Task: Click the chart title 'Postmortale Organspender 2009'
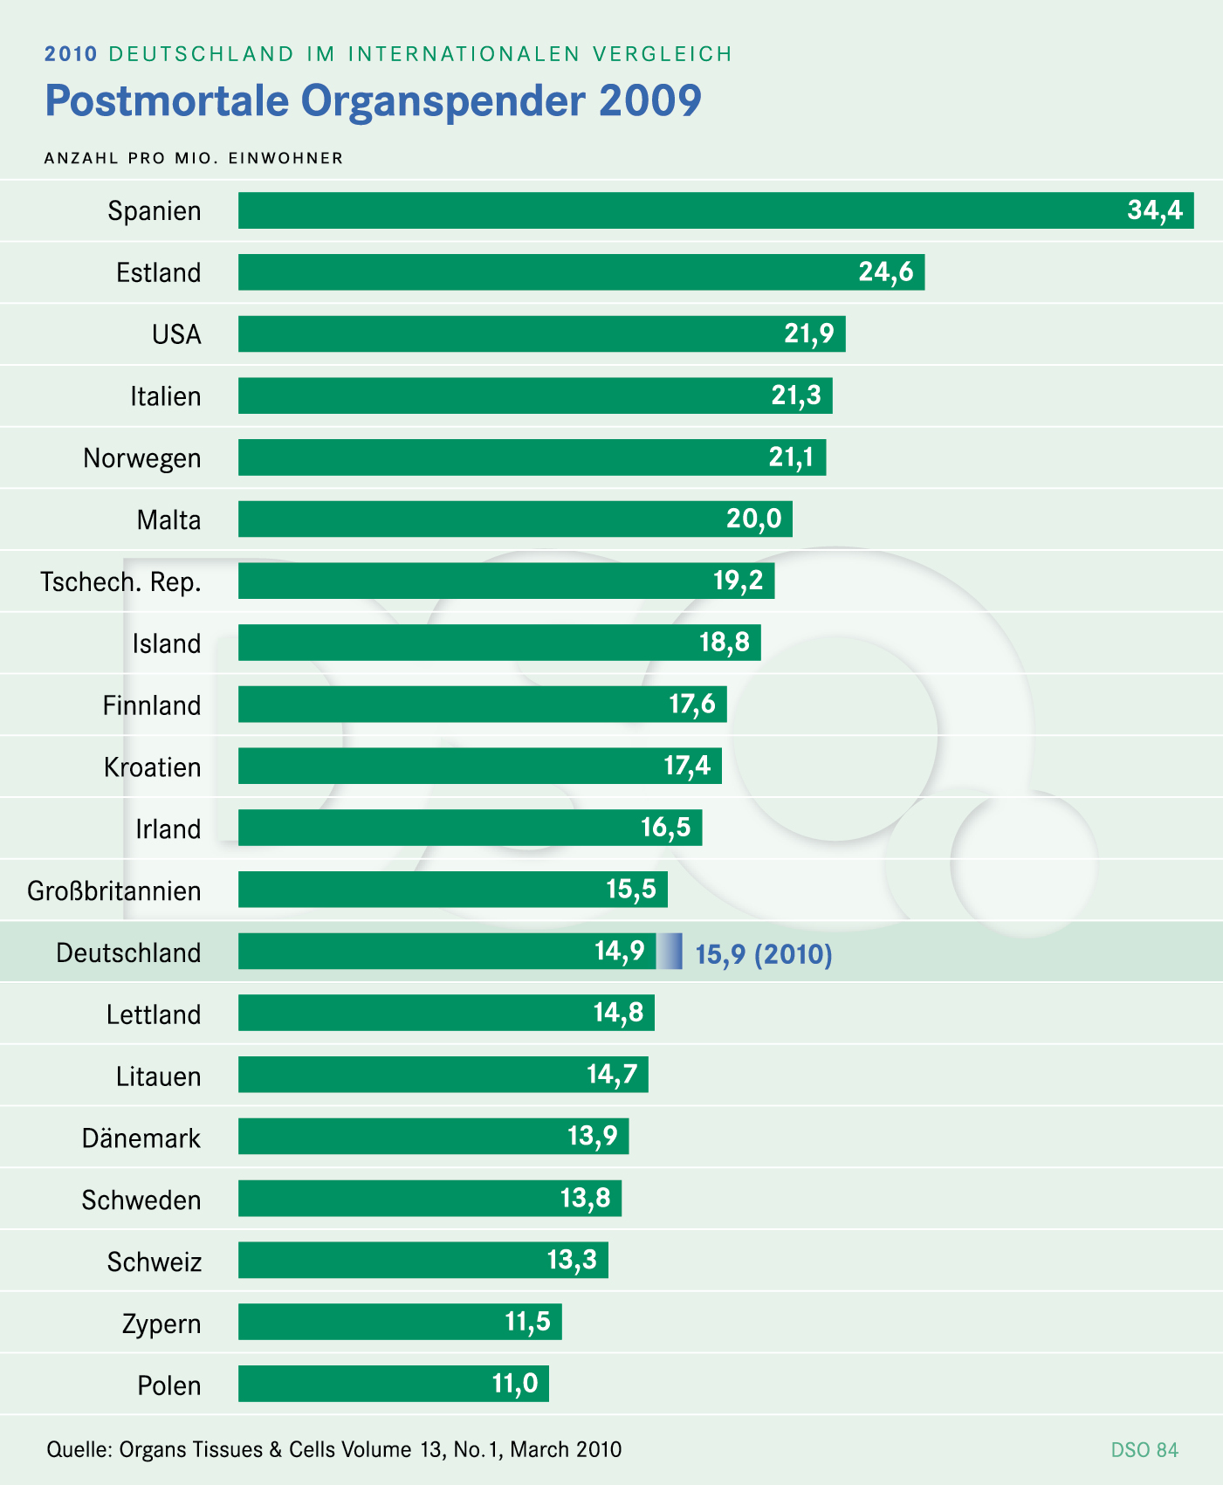(x=373, y=101)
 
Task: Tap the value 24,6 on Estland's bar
(x=885, y=272)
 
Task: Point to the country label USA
(x=176, y=334)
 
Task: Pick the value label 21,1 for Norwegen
(x=791, y=457)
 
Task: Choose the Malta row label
(x=168, y=520)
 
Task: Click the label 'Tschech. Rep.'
(x=120, y=582)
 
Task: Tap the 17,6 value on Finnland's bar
(x=692, y=705)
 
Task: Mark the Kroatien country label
(x=152, y=767)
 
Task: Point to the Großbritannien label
(x=114, y=891)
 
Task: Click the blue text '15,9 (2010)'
(x=763, y=954)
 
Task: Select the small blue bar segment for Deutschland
(x=670, y=952)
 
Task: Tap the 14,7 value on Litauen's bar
(x=612, y=1075)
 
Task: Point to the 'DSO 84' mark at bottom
(x=1144, y=1450)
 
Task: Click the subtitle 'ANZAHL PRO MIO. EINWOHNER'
(x=194, y=158)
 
